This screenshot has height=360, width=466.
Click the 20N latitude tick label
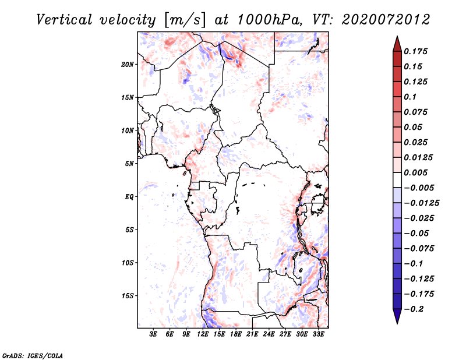pyautogui.click(x=128, y=65)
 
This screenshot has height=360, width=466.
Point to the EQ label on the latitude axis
pyautogui.click(x=129, y=197)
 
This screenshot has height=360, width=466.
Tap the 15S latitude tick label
pyautogui.click(x=128, y=296)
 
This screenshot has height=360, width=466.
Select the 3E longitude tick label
pyautogui.click(x=153, y=334)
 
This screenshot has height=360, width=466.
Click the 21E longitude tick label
pyautogui.click(x=252, y=334)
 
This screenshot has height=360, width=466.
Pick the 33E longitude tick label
pyautogui.click(x=318, y=334)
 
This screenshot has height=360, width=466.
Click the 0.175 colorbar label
pyautogui.click(x=415, y=51)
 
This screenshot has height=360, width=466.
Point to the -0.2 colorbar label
pyautogui.click(x=414, y=309)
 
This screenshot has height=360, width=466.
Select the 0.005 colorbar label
pyautogui.click(x=415, y=172)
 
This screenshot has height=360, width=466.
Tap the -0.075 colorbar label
pyautogui.click(x=419, y=249)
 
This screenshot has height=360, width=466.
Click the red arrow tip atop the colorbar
pyautogui.click(x=397, y=36)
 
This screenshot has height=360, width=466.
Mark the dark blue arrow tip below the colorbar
pyautogui.click(x=397, y=323)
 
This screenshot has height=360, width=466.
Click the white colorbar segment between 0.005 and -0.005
pyautogui.click(x=397, y=180)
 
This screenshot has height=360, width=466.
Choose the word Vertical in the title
pyautogui.click(x=65, y=20)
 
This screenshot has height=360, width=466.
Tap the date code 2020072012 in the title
pyautogui.click(x=386, y=20)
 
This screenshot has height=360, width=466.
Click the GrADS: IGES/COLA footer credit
pyautogui.click(x=33, y=356)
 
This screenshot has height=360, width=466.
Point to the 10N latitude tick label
pyautogui.click(x=128, y=130)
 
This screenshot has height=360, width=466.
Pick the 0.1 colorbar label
pyautogui.click(x=410, y=97)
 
